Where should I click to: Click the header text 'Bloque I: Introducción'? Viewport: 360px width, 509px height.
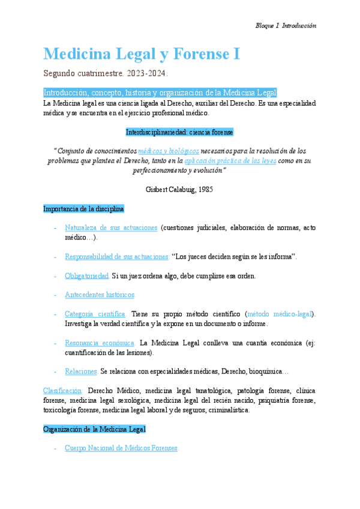click(x=286, y=26)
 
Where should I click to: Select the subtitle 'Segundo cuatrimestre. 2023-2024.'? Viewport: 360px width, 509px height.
click(x=106, y=74)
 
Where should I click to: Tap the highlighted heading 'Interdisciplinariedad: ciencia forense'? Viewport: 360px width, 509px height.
click(x=179, y=131)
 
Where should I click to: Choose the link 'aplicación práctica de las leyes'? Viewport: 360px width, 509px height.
click(x=230, y=160)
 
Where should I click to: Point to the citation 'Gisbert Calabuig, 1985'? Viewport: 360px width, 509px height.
click(x=179, y=190)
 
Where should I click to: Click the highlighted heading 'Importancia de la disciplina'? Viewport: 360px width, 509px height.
click(x=83, y=209)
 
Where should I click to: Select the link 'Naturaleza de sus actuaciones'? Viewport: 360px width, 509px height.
click(x=111, y=228)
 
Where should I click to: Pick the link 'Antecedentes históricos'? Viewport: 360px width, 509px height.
click(x=100, y=295)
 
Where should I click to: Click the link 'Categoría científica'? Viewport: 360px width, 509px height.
click(x=95, y=314)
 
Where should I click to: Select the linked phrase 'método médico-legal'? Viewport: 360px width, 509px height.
click(x=280, y=314)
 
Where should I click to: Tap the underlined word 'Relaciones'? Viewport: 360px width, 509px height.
click(x=81, y=372)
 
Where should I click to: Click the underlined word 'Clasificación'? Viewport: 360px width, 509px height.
click(x=62, y=391)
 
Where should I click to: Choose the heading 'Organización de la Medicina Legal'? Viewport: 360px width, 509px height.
click(x=94, y=429)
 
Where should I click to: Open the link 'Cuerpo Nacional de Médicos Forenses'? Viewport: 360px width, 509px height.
click(x=121, y=448)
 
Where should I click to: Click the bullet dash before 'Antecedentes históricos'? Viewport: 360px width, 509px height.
click(x=55, y=295)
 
